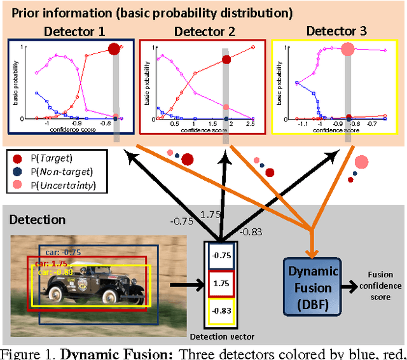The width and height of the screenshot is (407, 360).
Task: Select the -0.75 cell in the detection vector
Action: tap(221, 255)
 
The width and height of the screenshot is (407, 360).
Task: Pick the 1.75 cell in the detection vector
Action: tap(221, 282)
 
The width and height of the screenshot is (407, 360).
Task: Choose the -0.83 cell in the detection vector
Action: tap(221, 310)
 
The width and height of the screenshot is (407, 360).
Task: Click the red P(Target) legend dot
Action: tap(17, 158)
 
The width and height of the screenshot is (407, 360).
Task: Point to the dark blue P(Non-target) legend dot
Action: tap(17, 172)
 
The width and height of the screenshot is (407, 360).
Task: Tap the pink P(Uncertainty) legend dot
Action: tap(17, 185)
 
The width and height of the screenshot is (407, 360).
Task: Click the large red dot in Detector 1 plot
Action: tap(114, 49)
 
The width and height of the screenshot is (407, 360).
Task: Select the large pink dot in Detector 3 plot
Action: tap(347, 48)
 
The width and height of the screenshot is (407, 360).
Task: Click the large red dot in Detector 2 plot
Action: tap(226, 60)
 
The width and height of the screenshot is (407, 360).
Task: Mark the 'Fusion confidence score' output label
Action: tap(380, 287)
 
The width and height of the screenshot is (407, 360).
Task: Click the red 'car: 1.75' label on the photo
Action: tap(51, 263)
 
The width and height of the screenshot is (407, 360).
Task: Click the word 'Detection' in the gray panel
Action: tap(38, 220)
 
